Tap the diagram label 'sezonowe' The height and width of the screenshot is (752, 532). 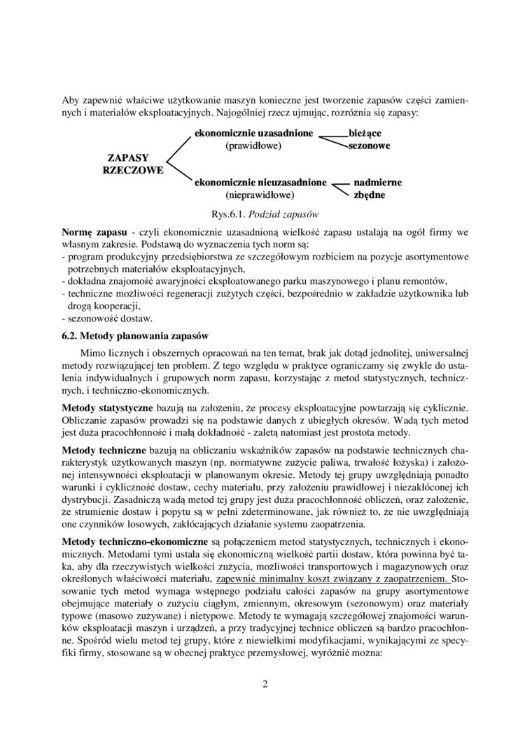369,146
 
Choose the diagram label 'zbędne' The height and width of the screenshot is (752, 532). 369,195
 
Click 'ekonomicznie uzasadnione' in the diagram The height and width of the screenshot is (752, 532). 253,132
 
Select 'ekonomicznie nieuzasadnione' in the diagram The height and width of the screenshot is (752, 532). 260,182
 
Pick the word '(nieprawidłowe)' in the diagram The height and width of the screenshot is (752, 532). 260,195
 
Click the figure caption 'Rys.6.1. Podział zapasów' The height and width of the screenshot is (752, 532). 266,213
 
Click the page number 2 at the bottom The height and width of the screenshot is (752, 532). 265,684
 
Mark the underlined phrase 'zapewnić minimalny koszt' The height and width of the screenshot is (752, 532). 274,579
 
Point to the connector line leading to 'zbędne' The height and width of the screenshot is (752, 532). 341,191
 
